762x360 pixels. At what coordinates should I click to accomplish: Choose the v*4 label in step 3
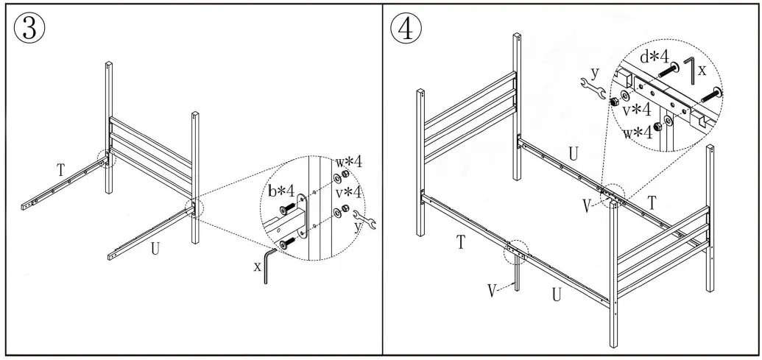click(350, 194)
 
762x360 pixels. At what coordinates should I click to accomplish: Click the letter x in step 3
click(258, 267)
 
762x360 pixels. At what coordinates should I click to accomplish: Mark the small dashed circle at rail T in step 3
click(107, 156)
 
